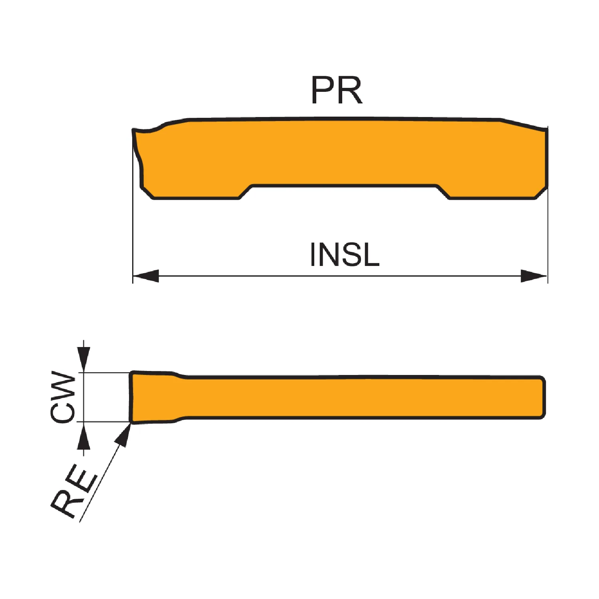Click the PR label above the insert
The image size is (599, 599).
337,90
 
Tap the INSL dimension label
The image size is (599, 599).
345,254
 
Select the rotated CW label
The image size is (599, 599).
63,397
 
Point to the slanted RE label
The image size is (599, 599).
74,492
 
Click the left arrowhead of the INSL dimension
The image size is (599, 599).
146,276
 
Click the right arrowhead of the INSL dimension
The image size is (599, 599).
534,276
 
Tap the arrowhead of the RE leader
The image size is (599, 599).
124,434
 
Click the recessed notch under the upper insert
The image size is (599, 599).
344,192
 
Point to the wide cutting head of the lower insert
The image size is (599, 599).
154,397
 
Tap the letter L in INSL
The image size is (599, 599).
371,255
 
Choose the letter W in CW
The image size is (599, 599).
63,385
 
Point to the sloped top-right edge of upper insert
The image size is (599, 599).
523,124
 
